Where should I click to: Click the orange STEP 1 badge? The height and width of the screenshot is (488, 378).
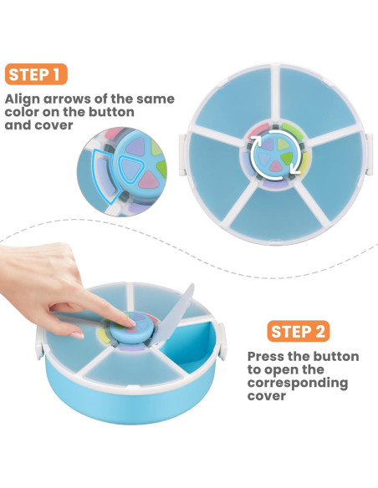[36, 74]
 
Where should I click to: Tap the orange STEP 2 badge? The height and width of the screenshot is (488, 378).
[299, 331]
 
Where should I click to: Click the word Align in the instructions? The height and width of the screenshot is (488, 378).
[23, 99]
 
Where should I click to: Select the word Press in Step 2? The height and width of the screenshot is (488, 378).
[266, 356]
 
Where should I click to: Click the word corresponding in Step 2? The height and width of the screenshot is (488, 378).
[298, 384]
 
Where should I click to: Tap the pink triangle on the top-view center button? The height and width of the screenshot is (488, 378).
[276, 167]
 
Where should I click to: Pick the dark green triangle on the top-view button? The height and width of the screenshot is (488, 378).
[287, 158]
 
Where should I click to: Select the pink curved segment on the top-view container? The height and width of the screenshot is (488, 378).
[258, 130]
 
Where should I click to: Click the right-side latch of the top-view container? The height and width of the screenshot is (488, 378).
[370, 154]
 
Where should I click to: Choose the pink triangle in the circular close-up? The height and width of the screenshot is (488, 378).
[149, 180]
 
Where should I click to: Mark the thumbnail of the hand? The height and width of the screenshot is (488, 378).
[77, 336]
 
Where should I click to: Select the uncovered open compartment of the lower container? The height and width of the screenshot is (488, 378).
[190, 346]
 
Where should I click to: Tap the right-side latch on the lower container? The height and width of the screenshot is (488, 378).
[222, 342]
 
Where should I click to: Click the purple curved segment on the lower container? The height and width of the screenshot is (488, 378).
[131, 348]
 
